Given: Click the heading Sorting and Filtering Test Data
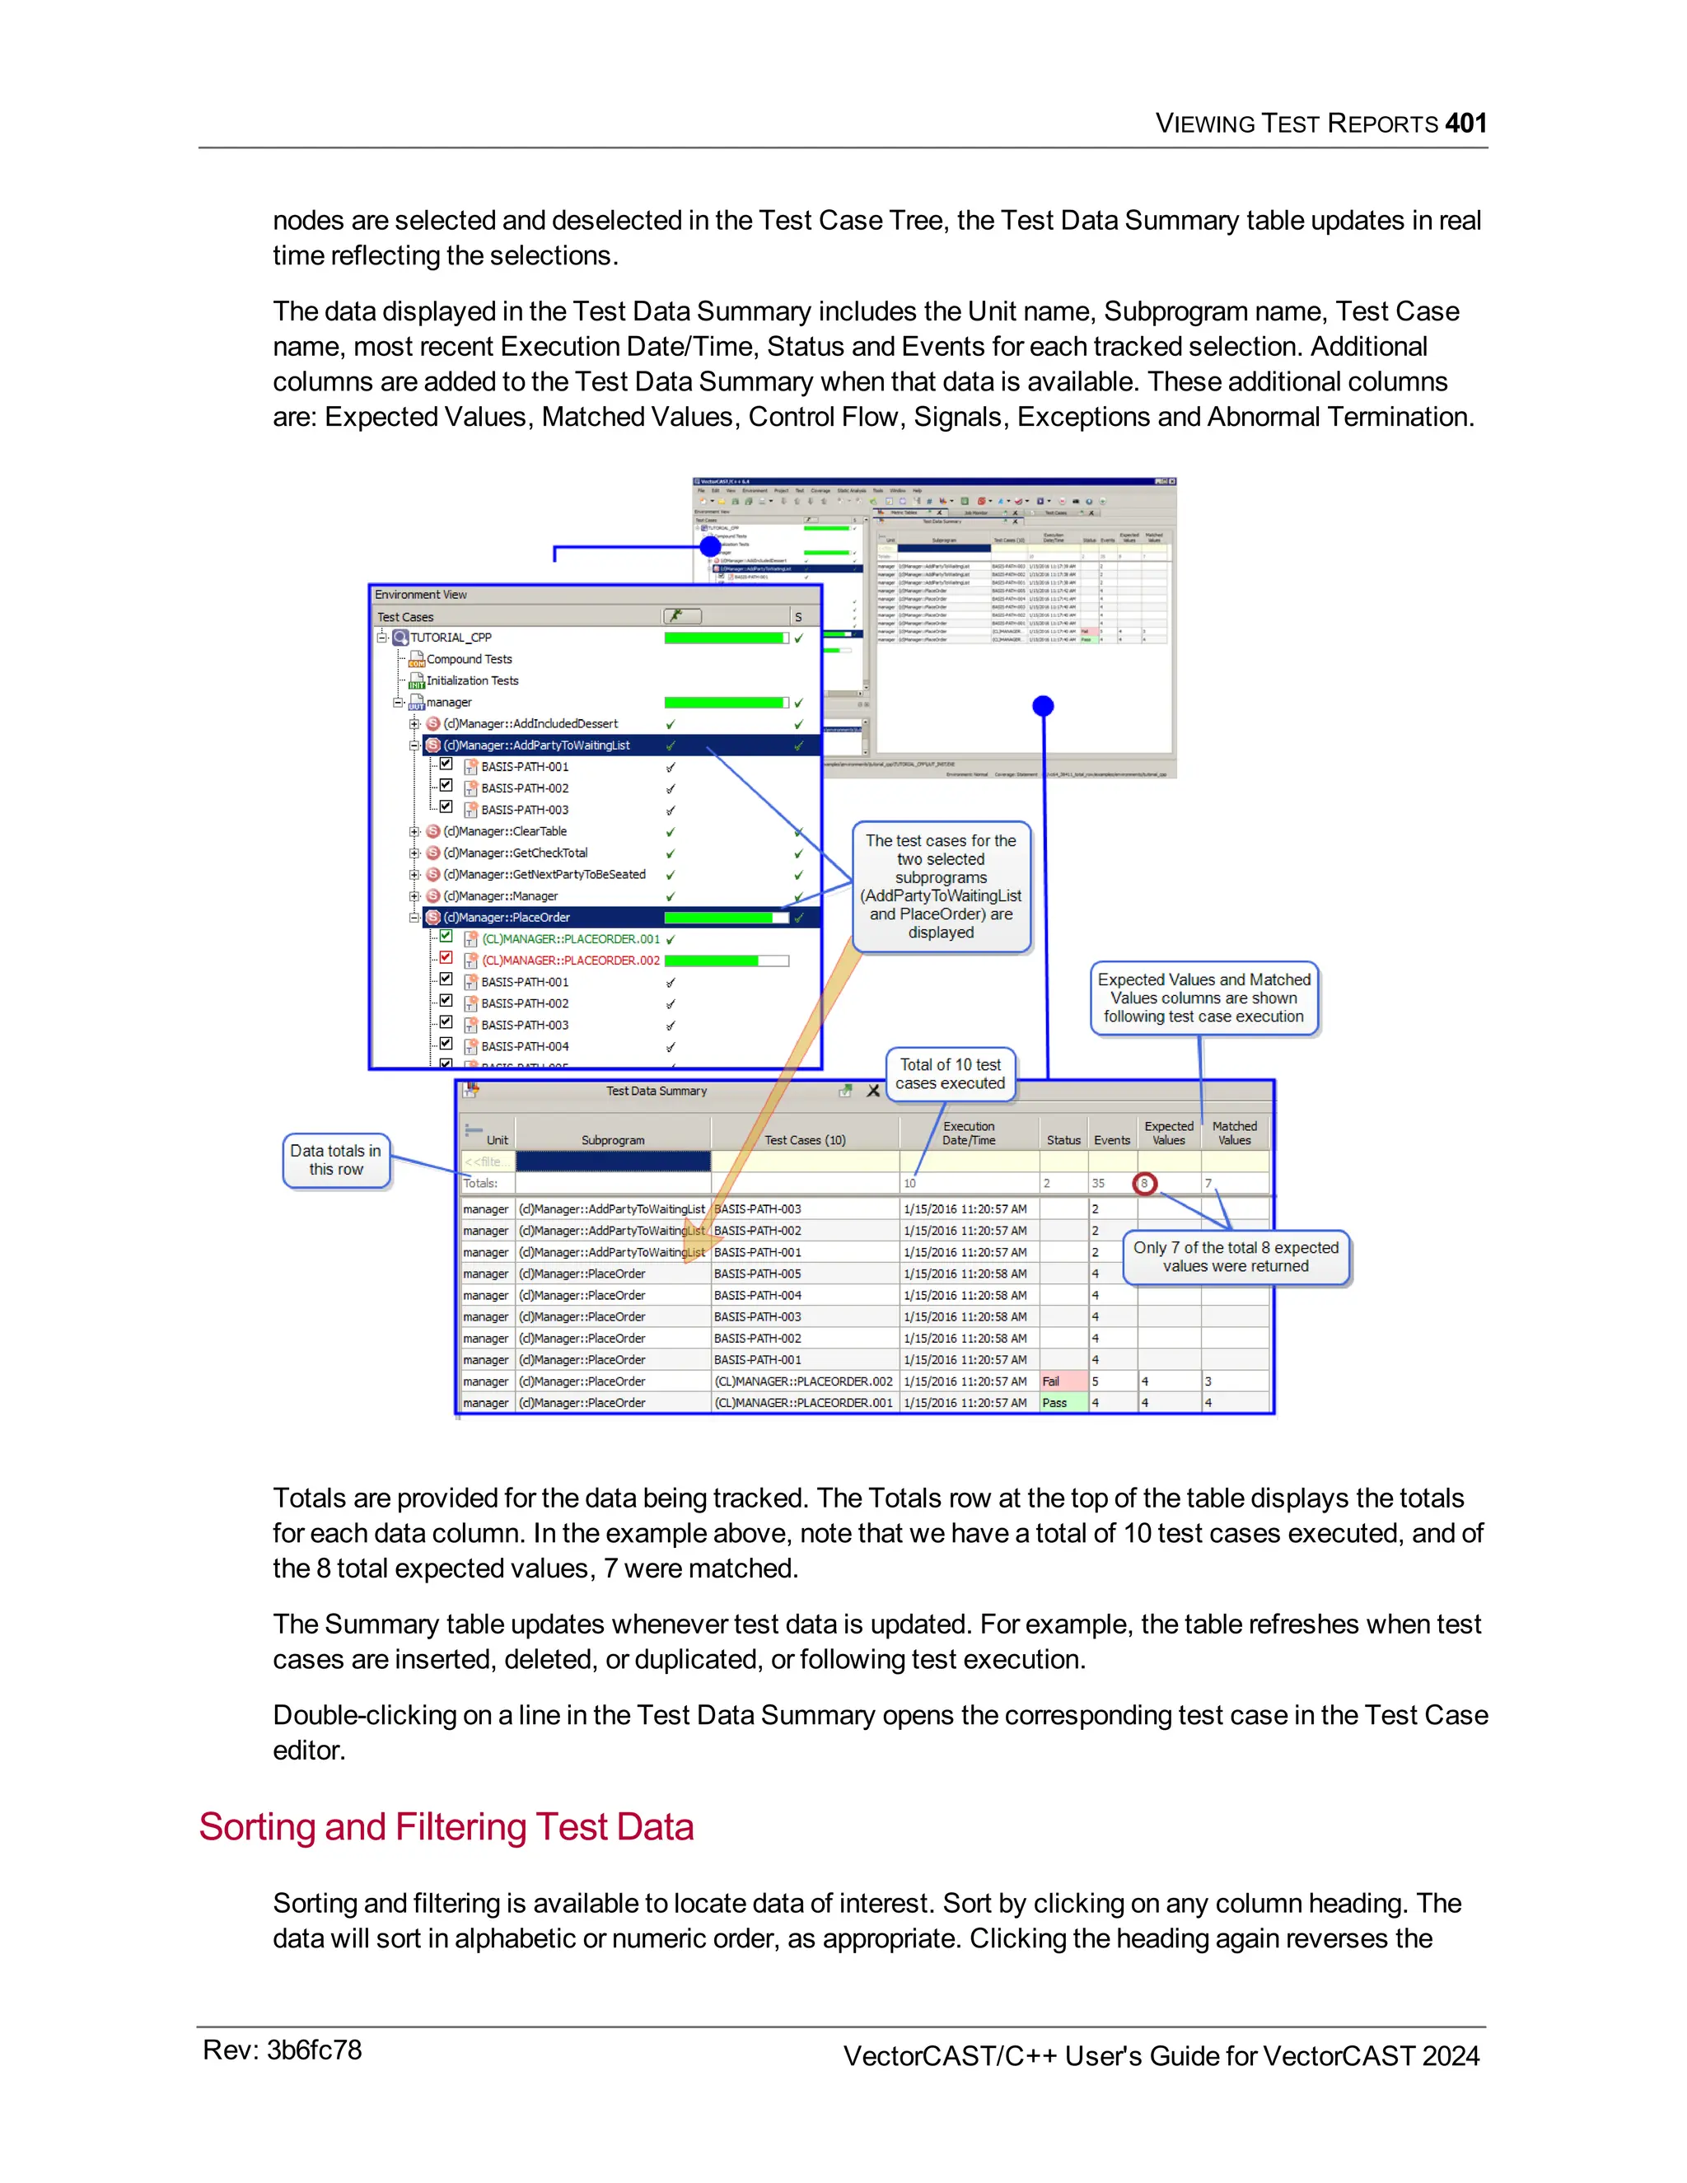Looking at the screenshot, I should tap(446, 1826).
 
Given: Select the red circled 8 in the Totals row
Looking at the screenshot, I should tap(1144, 1184).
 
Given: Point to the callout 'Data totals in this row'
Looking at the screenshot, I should tap(336, 1161).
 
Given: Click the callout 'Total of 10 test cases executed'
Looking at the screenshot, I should tap(950, 1074).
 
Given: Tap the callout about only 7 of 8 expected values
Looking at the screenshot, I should tap(1236, 1256).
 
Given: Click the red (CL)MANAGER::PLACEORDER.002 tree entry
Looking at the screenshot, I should tap(570, 961).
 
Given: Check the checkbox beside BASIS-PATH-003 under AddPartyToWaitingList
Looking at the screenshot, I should tap(446, 807).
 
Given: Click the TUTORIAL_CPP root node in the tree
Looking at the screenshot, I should tap(450, 638).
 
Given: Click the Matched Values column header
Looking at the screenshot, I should tap(1234, 1133).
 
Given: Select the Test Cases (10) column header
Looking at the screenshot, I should tap(805, 1139).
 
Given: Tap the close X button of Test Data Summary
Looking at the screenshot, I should tap(873, 1091).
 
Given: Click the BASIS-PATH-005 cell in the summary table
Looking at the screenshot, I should tap(758, 1274).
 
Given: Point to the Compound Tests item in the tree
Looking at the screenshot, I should tap(469, 660).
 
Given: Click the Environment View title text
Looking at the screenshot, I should tap(421, 595).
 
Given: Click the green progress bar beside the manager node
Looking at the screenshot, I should tap(725, 703).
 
